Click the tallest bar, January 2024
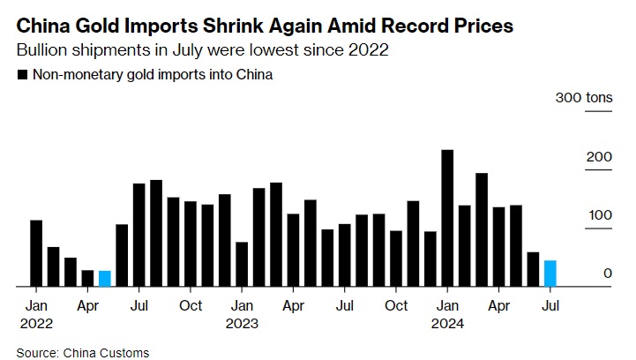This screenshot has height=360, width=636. point(447,219)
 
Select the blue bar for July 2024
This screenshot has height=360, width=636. point(550,274)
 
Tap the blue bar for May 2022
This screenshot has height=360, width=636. point(105,279)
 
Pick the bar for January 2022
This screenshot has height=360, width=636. point(36,253)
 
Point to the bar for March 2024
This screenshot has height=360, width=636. point(482,230)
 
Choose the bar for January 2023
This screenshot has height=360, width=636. point(242,265)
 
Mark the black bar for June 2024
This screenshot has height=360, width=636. point(533,270)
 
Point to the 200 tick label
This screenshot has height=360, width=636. point(601,156)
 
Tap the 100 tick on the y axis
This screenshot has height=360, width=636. point(601,215)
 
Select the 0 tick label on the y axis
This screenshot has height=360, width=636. point(608,274)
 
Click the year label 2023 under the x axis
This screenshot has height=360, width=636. point(242,323)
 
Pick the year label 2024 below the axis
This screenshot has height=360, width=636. point(447,323)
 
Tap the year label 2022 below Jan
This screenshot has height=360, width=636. point(36,323)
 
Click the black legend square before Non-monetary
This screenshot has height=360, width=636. point(21,75)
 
